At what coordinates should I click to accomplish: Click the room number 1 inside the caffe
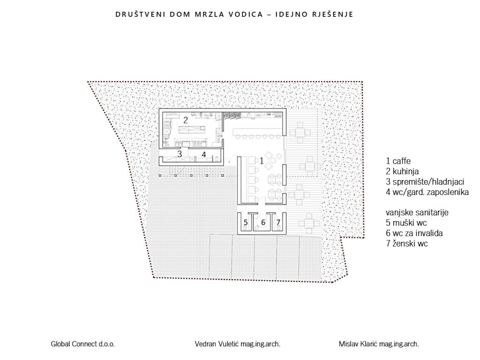262,161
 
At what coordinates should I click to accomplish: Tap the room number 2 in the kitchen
186,120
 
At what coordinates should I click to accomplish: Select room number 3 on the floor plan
180,154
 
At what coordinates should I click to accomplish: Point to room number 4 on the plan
204,155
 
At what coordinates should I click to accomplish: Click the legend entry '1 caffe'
398,161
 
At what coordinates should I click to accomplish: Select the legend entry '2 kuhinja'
402,172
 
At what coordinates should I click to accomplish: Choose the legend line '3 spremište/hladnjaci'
425,182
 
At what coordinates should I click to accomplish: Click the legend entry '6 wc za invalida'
414,233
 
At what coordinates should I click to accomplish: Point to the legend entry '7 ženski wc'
407,244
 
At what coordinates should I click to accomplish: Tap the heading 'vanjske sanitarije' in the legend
417,212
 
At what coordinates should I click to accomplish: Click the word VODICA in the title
246,15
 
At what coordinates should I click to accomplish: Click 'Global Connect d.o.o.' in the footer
82,344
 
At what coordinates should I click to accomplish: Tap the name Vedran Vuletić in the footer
217,344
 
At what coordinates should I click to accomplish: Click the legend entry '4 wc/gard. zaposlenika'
427,192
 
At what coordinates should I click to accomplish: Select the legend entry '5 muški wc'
406,223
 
